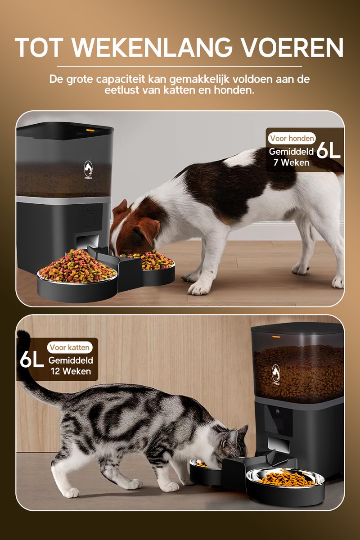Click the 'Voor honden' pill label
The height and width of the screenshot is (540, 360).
point(292,139)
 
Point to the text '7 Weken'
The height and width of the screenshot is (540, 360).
point(291,162)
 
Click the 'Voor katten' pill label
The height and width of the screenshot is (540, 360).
point(69,347)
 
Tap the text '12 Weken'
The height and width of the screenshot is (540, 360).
point(71,371)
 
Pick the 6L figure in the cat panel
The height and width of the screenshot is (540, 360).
point(31,360)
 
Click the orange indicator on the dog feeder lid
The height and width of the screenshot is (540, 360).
point(90,130)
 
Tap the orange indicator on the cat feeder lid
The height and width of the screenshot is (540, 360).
point(276,337)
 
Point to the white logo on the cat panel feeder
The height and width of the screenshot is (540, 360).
point(276,373)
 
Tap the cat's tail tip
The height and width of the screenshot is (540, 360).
point(23,336)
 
